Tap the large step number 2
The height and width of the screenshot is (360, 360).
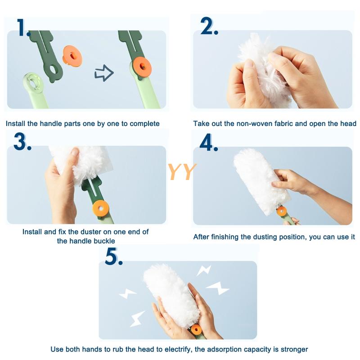coord(209,26)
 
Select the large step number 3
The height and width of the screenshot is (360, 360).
coord(22,142)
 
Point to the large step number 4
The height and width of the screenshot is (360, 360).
coord(208,142)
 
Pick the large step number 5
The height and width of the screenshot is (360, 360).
coord(114,256)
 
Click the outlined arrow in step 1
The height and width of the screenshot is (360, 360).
coord(104,73)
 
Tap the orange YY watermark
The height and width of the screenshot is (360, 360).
coord(182,172)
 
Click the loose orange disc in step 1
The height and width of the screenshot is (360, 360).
coord(72,56)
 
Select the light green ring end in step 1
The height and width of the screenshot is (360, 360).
coord(33,84)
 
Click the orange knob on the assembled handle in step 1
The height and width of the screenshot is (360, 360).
coord(142,67)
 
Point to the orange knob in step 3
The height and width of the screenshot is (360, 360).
coord(101,208)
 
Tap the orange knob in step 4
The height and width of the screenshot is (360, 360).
coord(282,211)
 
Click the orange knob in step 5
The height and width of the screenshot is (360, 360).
coord(196,330)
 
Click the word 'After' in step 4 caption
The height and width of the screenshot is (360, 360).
coord(201,237)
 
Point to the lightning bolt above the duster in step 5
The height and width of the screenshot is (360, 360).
coord(204,270)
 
